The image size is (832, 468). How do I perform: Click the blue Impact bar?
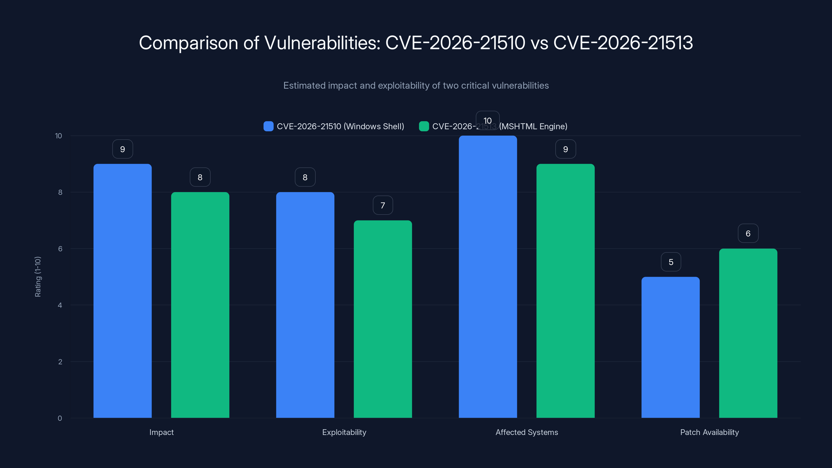(122, 291)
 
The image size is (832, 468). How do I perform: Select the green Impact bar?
(200, 305)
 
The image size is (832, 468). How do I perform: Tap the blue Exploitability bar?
(305, 305)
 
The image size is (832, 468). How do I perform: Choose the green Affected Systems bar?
(565, 291)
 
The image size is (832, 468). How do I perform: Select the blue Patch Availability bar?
(671, 347)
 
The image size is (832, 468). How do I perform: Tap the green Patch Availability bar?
(748, 333)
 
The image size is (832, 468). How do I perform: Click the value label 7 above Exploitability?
(383, 205)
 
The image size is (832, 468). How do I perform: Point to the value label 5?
(671, 262)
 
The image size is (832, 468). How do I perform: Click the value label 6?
(748, 233)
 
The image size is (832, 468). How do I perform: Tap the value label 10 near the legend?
(487, 120)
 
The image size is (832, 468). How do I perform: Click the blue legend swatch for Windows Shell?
(268, 126)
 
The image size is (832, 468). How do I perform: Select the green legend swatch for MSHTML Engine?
(424, 126)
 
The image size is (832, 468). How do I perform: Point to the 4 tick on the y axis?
(60, 305)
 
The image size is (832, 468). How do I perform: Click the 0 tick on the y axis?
(60, 418)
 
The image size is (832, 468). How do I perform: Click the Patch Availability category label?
(709, 432)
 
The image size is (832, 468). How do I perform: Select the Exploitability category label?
(344, 432)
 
